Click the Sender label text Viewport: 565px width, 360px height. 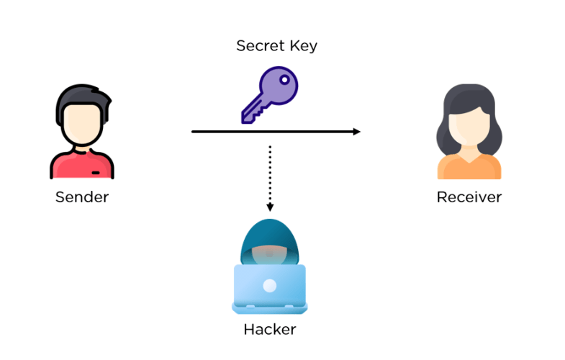tap(81, 197)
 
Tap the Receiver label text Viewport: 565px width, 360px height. tap(469, 197)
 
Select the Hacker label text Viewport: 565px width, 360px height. tap(269, 330)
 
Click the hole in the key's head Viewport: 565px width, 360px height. tap(285, 78)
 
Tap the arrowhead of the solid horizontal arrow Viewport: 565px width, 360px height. tap(356, 132)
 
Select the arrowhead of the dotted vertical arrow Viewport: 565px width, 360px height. tap(269, 207)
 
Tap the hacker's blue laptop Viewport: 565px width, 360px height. tap(269, 288)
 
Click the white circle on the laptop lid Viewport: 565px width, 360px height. tap(269, 286)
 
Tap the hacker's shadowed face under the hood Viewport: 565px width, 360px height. tap(269, 254)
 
